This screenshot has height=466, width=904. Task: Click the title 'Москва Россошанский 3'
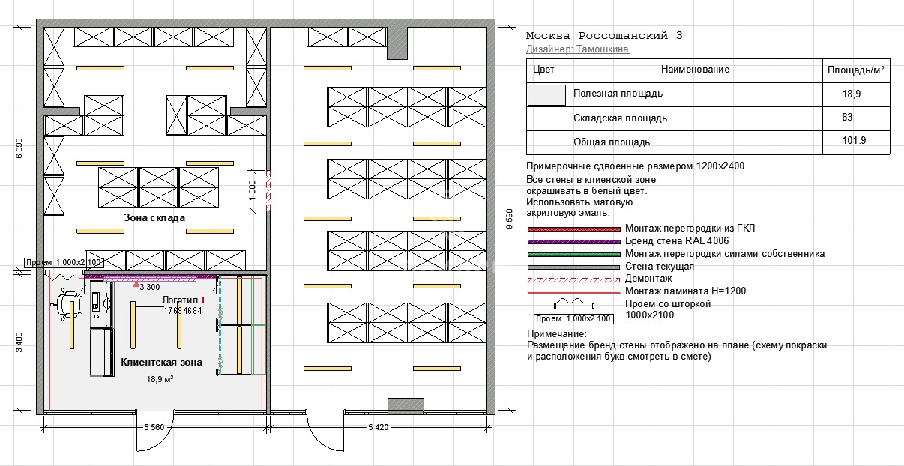pos(604,36)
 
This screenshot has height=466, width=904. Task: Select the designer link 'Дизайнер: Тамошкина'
pos(577,49)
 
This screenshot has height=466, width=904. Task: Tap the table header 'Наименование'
pos(695,70)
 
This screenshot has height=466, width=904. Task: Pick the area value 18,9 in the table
pos(851,94)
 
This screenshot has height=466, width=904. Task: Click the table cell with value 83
pos(847,118)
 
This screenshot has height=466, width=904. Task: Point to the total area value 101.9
pos(854,140)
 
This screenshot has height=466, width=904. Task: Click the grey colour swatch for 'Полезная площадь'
pos(546,95)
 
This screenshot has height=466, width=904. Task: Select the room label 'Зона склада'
pos(154,218)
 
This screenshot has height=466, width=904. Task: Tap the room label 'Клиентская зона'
pos(161,363)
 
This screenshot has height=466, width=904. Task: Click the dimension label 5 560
pos(154,427)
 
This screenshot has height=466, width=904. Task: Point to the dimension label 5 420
pos(378,427)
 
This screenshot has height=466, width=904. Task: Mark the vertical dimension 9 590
pos(509,219)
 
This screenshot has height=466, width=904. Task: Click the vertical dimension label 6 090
pos(19,148)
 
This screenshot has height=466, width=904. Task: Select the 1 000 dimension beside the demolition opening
pos(253,190)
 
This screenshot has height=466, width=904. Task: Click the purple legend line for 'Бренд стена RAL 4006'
pos(573,242)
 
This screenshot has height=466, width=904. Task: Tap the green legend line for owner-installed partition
pos(573,255)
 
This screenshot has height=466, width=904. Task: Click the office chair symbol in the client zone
pos(67,305)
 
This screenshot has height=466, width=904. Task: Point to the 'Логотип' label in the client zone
pos(180,300)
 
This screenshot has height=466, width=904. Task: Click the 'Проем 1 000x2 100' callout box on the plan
pos(64,263)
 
